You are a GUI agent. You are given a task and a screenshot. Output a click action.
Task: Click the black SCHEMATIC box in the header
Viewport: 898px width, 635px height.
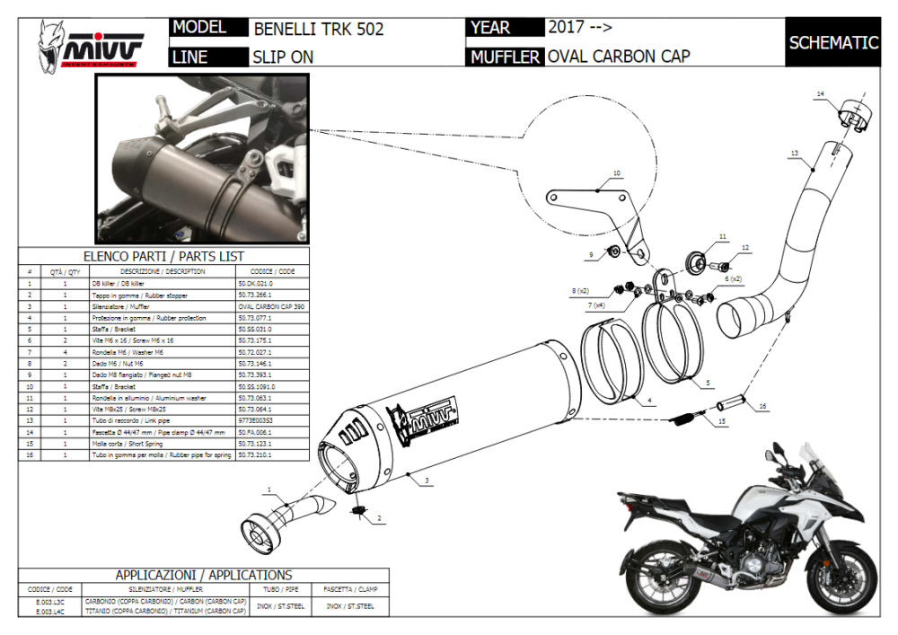coord(832,42)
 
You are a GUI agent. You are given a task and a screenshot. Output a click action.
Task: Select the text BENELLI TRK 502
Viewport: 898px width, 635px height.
coord(319,29)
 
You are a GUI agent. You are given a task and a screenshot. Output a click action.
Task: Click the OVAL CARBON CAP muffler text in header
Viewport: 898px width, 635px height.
coord(619,57)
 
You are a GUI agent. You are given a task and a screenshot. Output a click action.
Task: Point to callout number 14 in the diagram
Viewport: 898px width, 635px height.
coord(820,93)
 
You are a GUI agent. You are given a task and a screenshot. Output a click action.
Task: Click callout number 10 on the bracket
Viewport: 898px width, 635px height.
coord(616,172)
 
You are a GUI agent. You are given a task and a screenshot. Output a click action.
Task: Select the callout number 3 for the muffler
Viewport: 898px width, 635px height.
coord(427,482)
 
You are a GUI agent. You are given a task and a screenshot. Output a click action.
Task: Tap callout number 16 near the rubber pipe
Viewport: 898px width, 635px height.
coord(762,406)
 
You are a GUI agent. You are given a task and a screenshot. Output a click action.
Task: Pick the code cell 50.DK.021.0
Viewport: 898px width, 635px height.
coord(255,283)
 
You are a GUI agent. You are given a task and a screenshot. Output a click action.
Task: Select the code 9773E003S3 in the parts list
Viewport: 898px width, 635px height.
coord(256,420)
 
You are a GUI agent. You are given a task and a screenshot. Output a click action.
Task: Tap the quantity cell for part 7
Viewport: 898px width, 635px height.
coord(66,352)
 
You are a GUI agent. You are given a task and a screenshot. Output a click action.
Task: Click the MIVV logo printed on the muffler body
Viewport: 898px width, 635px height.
coord(427,419)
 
